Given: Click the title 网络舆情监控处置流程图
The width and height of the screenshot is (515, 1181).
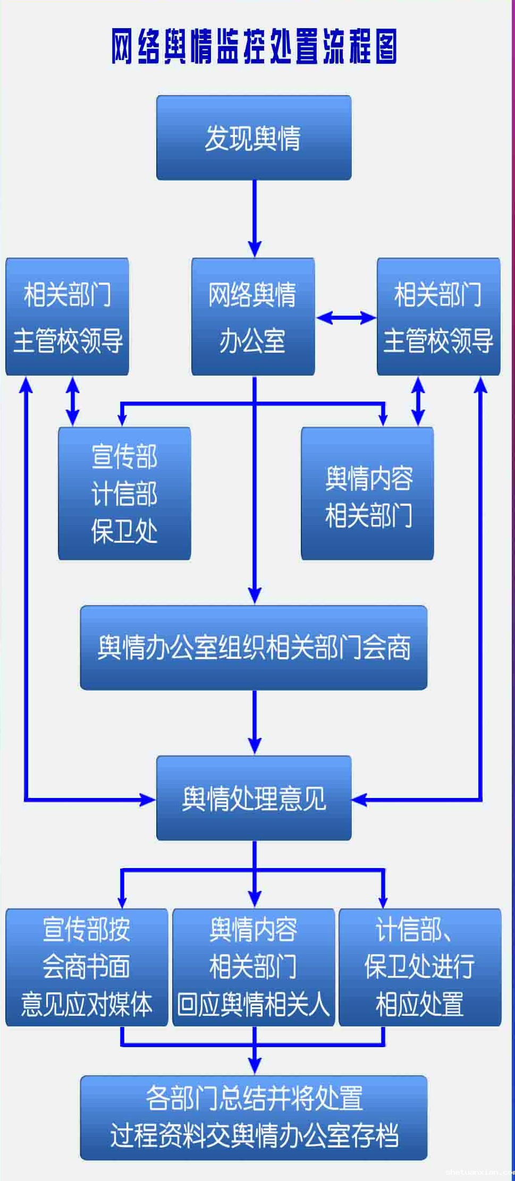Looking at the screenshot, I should tap(254, 47).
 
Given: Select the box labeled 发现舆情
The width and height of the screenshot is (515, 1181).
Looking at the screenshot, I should tap(254, 138).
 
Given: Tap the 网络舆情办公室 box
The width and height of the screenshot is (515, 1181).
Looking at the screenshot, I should tap(252, 317).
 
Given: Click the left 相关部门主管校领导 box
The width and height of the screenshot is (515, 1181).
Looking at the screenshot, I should tap(67, 317).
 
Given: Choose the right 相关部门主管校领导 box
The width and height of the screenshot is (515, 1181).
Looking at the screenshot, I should tap(438, 317).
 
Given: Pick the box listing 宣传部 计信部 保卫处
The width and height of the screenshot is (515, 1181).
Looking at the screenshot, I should tap(124, 494).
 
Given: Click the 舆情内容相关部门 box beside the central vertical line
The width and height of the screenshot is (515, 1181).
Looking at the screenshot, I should tap(367, 494).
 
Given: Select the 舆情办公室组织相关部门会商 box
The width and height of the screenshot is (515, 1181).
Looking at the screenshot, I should tap(254, 648).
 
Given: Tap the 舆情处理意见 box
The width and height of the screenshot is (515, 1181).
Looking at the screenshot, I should tap(254, 798).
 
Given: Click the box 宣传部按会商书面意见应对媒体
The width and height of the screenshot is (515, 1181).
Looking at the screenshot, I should tap(87, 967).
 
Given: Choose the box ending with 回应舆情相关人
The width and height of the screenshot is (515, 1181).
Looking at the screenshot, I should tap(254, 967).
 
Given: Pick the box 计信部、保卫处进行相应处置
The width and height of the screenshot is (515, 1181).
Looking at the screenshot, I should tap(420, 967).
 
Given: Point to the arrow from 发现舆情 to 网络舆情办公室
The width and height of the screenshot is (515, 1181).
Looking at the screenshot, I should tap(255, 218).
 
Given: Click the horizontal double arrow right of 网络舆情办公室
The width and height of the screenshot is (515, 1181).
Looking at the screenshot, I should tap(346, 318).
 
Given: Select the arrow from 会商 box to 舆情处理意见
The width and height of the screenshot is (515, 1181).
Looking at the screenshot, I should tap(255, 723).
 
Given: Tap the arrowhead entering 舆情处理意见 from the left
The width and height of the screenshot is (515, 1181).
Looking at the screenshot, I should tap(147, 800).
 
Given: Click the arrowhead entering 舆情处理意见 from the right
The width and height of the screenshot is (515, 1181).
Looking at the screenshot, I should tap(360, 800).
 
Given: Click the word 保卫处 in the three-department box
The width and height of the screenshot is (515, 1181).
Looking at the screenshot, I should tap(124, 531).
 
